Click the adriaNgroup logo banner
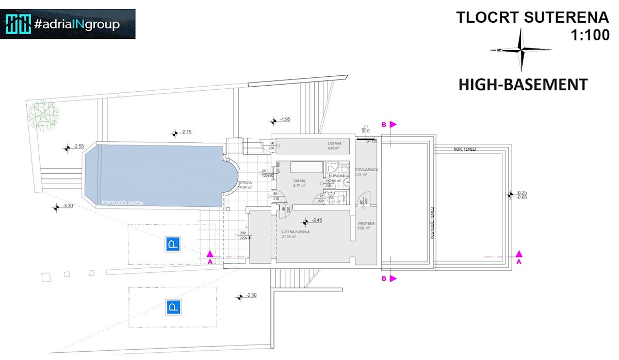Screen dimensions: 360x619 [68, 24]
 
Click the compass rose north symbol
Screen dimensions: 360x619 [521, 50]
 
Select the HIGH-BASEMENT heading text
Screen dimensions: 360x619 [523, 85]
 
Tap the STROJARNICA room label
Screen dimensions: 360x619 [367, 169]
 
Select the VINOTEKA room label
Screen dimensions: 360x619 [366, 223]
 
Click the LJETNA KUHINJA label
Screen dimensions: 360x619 [296, 232]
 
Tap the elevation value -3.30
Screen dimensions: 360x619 [68, 206]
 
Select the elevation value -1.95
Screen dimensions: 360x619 [285, 120]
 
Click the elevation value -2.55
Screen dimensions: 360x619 [78, 146]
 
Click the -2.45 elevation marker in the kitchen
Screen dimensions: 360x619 [316, 220]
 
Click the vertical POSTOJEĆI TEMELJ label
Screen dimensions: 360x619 [432, 222]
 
